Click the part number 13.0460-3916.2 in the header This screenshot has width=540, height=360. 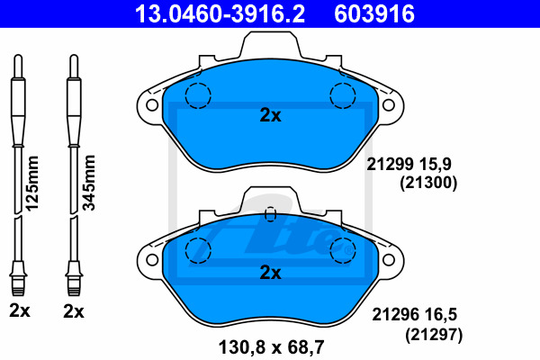pos(220,13)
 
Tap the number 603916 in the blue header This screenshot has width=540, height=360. pos(374,13)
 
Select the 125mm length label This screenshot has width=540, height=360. pos(32,184)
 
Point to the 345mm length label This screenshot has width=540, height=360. pos(88,183)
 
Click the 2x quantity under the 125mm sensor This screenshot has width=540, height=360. pos(20,311)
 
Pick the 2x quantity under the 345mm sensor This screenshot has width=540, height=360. pos(74,311)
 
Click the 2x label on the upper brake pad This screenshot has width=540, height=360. pos(270,115)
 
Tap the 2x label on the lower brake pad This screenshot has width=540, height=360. pos(270,273)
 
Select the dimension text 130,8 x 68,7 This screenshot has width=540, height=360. pos(272,347)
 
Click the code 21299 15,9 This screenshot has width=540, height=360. pos(409,165)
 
